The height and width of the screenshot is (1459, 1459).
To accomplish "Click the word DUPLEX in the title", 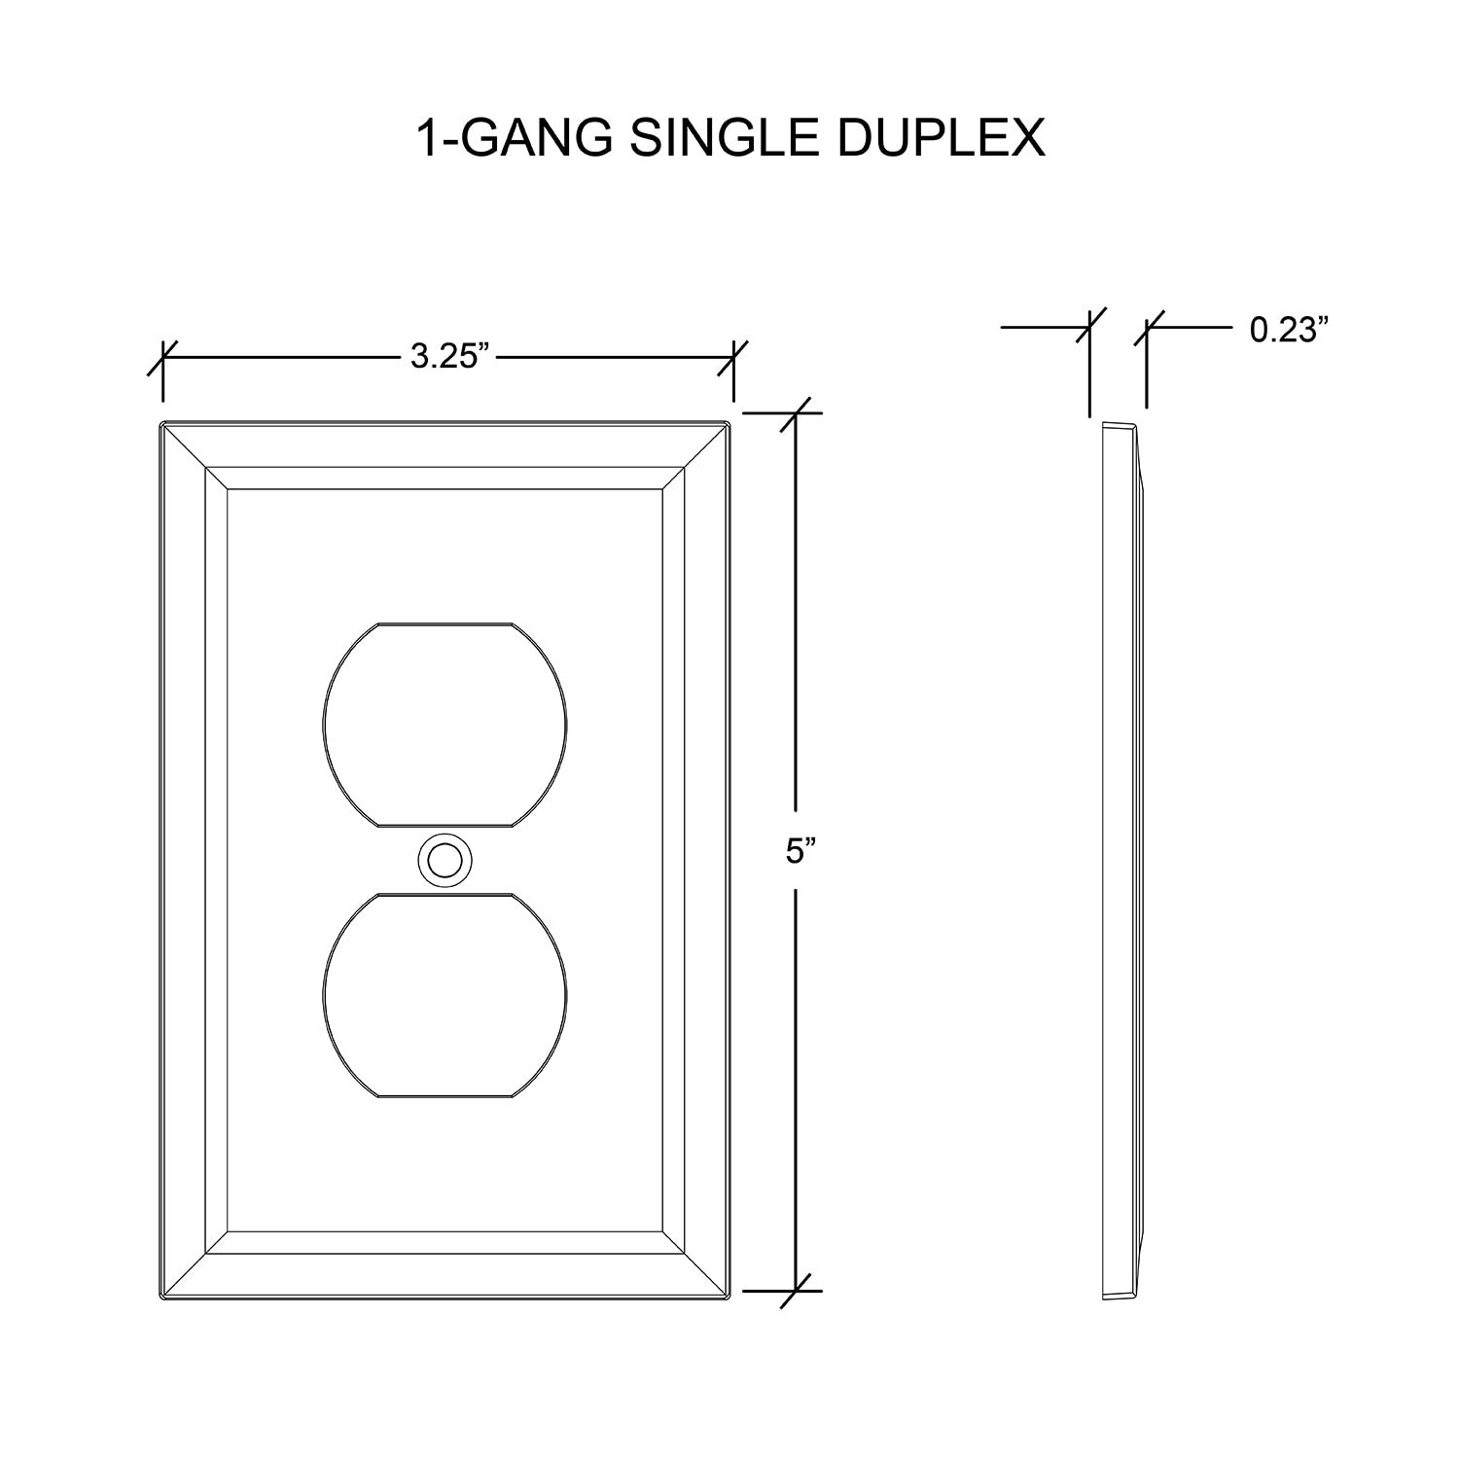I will [x=941, y=138].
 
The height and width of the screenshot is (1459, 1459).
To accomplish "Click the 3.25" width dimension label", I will [x=447, y=357].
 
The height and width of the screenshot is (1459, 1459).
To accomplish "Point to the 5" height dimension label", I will [x=800, y=852].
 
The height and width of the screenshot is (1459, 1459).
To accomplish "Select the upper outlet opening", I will [x=445, y=726].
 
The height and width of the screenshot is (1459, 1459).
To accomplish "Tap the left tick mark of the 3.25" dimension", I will [x=162, y=357].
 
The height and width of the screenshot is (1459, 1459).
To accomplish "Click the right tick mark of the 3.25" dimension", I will [x=733, y=357].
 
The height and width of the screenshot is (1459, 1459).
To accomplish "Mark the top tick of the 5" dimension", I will [x=797, y=413].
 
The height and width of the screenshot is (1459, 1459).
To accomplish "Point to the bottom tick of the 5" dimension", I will [x=797, y=1291].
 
